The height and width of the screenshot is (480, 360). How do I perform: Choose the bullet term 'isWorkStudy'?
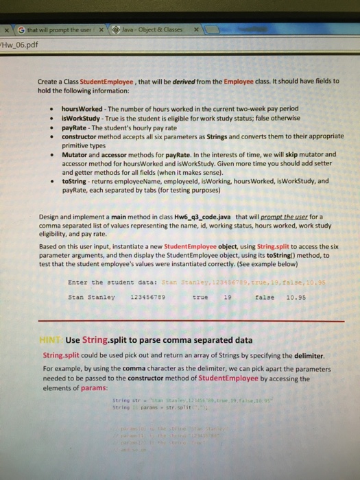(80, 117)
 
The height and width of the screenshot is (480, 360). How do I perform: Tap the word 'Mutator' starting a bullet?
(75, 155)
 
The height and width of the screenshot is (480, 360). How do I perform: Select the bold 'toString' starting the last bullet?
(74, 181)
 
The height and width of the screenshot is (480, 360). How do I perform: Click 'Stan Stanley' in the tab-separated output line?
(91, 278)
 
